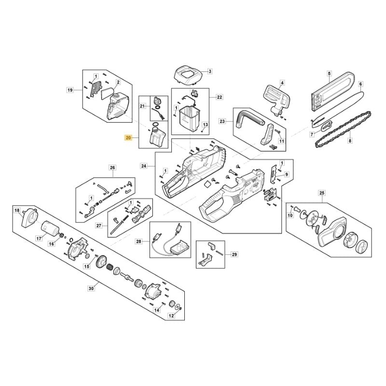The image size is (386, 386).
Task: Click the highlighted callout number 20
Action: pyautogui.click(x=128, y=138)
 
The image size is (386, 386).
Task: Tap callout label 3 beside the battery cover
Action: pyautogui.click(x=210, y=71)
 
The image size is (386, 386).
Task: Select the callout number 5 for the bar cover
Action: pyautogui.click(x=330, y=73)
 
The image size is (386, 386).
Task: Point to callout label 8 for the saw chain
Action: pyautogui.click(x=350, y=141)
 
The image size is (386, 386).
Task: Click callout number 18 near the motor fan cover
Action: pyautogui.click(x=17, y=210)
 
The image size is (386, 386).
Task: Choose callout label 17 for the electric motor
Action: pyautogui.click(x=39, y=238)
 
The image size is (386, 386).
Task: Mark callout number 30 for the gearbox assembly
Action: pyautogui.click(x=91, y=288)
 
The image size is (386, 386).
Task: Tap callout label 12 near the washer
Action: pyautogui.click(x=171, y=316)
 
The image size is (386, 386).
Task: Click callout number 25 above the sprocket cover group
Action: pyautogui.click(x=322, y=193)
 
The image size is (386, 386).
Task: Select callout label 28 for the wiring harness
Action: pyautogui.click(x=139, y=242)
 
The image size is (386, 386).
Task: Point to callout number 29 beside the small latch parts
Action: pyautogui.click(x=234, y=254)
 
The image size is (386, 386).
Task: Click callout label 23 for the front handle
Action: pyautogui.click(x=222, y=121)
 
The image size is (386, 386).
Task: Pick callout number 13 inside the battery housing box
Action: pyautogui.click(x=206, y=124)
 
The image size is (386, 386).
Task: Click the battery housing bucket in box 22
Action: pyautogui.click(x=189, y=118)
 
